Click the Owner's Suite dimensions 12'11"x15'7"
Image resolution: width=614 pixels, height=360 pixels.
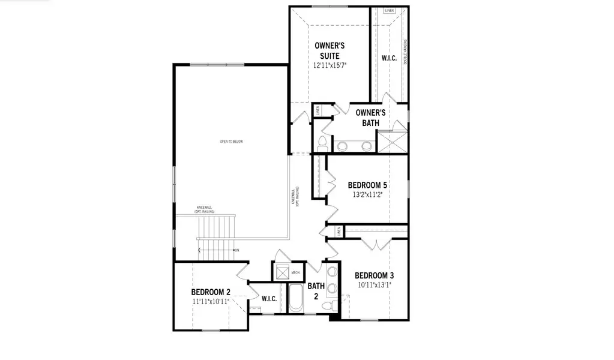coord(330,65)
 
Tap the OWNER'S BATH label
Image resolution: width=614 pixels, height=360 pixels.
coord(370,118)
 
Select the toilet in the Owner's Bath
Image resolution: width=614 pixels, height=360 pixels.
coord(322,143)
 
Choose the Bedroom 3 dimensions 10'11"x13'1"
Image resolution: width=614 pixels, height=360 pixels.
coord(374,285)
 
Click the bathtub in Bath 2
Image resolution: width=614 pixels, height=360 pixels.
coord(295,298)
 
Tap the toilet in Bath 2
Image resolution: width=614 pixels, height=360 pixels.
coord(328,307)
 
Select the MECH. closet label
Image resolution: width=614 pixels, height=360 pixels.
coord(295,272)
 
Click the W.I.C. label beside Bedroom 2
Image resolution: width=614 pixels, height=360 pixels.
coord(269,299)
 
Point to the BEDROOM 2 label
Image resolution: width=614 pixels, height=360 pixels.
coord(211,292)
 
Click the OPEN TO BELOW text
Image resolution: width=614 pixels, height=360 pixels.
coord(231,142)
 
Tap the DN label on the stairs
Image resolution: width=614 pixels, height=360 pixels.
coord(237,250)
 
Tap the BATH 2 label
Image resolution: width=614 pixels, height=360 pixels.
coord(316,291)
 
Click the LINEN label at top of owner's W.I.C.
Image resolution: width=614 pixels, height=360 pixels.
coord(389,11)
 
